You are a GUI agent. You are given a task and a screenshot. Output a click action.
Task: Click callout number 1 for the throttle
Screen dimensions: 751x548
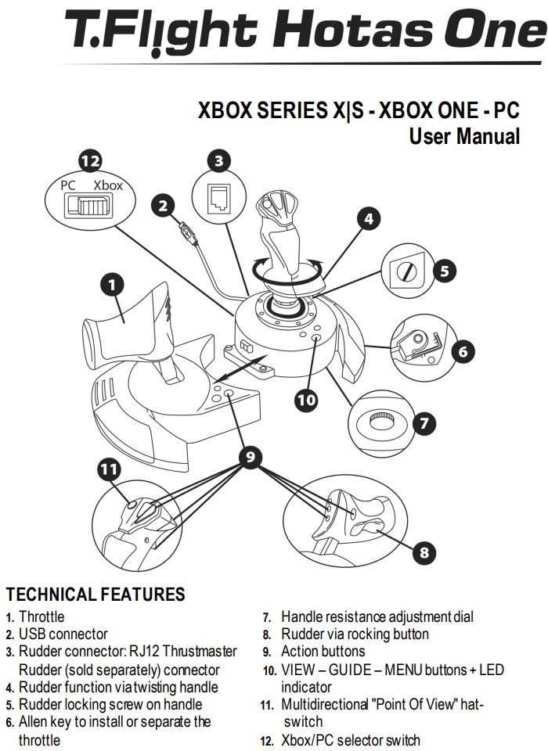pos(114,285)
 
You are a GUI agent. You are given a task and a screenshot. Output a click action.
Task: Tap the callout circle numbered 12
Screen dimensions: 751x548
pos(91,162)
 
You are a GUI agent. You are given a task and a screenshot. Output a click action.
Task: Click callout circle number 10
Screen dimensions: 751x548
pos(306,400)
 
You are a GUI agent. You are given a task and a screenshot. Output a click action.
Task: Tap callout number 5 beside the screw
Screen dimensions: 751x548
pos(444,271)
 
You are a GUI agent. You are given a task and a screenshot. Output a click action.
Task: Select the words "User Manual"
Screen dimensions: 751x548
pos(464,136)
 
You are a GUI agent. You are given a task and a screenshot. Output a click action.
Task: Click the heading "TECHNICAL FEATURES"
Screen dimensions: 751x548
pos(96,595)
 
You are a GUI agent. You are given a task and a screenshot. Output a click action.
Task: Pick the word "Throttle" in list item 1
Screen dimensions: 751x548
pos(41,617)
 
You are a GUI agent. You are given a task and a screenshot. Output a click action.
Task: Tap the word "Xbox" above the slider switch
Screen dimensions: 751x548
pos(108,186)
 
